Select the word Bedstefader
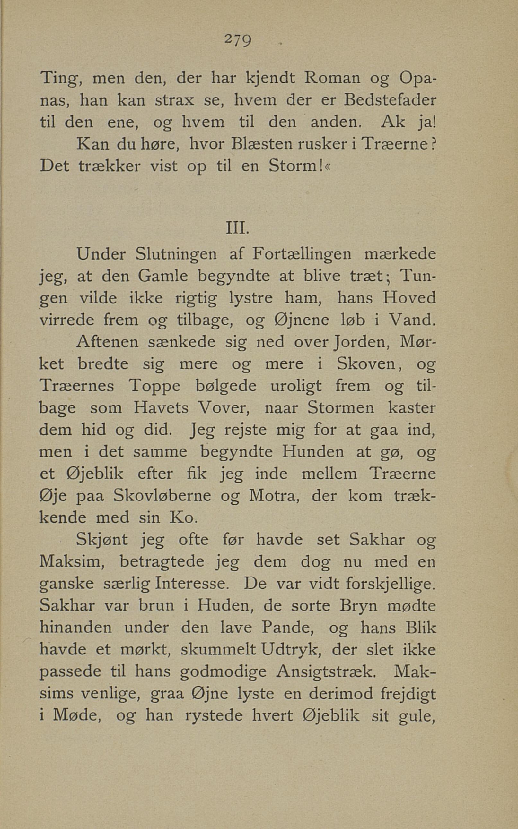pyautogui.click(x=390, y=101)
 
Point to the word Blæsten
pyautogui.click(x=262, y=145)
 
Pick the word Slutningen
pyautogui.click(x=176, y=254)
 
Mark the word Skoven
pyautogui.click(x=366, y=364)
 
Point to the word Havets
pyautogui.click(x=161, y=408)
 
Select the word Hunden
pyautogui.click(x=313, y=452)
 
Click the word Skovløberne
pyautogui.click(x=162, y=496)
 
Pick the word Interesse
pyautogui.click(x=191, y=584)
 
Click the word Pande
pyautogui.click(x=288, y=628)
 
